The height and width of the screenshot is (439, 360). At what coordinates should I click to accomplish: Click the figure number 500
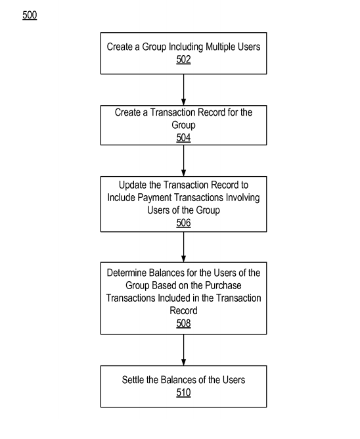coord(30,15)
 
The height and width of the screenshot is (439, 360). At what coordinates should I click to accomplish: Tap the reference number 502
coord(184,59)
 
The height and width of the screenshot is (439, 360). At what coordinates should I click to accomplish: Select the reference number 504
coord(184,138)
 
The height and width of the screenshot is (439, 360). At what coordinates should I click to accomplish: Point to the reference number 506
coord(184,223)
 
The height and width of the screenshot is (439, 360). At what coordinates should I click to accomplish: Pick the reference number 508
coord(184,323)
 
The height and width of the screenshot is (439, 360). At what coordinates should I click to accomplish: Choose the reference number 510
coord(184,392)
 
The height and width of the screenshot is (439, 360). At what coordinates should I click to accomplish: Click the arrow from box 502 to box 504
coord(184,90)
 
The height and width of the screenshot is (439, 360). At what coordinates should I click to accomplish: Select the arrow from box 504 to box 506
coord(184,161)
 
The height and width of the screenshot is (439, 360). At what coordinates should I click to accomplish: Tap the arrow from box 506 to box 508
coord(184,247)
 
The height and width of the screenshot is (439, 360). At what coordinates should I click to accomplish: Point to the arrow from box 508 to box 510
coord(184,350)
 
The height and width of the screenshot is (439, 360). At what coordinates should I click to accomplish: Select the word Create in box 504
coord(127,112)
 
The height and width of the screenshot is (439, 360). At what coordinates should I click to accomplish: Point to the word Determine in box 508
coord(127,273)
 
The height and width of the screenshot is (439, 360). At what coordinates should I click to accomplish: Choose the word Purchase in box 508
coord(223,285)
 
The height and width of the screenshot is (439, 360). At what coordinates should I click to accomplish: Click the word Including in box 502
coord(186,47)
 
